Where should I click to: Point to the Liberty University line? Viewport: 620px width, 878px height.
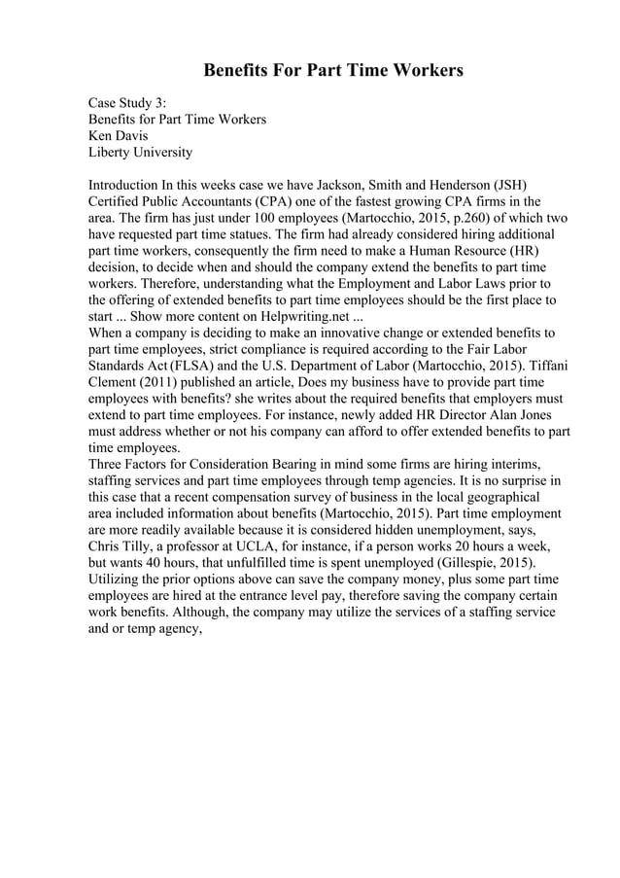coord(140,152)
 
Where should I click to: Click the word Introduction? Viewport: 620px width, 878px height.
coord(123,185)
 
